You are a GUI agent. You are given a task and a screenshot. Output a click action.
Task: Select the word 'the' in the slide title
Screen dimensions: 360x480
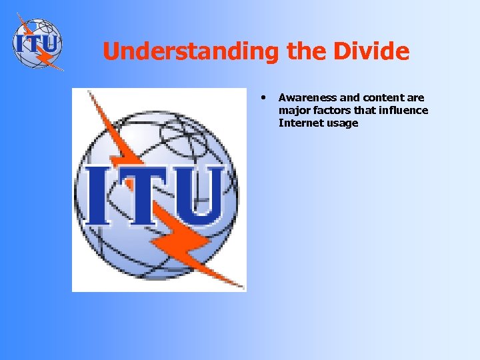[x=305, y=51]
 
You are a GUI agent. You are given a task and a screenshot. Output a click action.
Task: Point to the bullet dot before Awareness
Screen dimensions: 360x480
[x=264, y=97]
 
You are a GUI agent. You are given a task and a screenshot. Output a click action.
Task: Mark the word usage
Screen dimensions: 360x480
[x=341, y=123]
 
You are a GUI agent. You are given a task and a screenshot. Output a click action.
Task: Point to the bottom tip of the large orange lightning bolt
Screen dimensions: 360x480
[x=241, y=287]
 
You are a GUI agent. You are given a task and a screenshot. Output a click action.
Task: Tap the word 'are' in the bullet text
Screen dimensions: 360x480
[x=415, y=98]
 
